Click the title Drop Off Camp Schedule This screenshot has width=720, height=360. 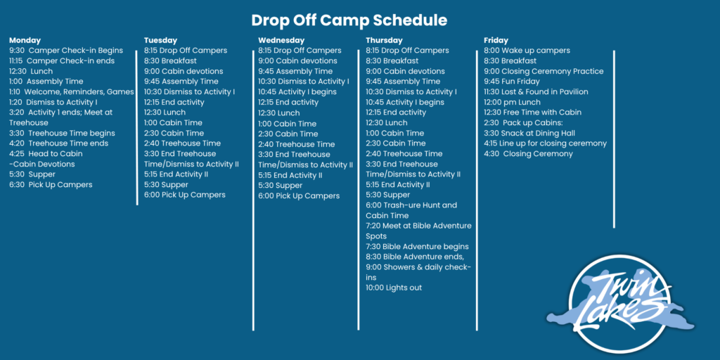click(x=349, y=20)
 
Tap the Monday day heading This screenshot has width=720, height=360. click(x=25, y=40)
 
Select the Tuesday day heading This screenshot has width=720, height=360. click(x=160, y=40)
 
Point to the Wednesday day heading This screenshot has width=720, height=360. click(x=281, y=40)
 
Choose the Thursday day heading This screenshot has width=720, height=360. click(x=384, y=40)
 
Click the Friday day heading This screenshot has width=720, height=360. click(x=496, y=40)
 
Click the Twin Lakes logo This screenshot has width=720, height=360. click(x=620, y=304)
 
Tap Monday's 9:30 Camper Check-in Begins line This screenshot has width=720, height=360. click(x=66, y=51)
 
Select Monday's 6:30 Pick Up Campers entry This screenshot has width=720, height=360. click(x=51, y=185)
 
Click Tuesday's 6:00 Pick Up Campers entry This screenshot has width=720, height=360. click(x=185, y=195)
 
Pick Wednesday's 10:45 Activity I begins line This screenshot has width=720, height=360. click(x=297, y=92)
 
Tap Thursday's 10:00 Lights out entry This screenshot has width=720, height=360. click(x=394, y=288)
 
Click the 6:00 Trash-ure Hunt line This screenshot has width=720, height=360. click(x=411, y=205)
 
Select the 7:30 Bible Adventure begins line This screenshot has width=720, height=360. click(x=417, y=247)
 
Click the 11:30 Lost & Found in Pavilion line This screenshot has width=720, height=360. click(x=536, y=92)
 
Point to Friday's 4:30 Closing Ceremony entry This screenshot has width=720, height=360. click(x=528, y=154)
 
